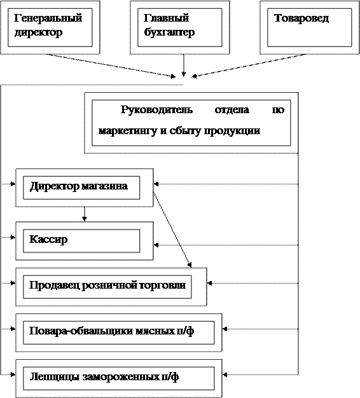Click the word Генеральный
coord(48,18)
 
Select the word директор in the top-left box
coord(38,32)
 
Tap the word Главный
coord(166,18)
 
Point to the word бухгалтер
coord(169,32)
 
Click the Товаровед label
coord(301,18)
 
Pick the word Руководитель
coord(156,109)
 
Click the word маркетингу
coord(128,131)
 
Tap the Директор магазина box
coord(85,188)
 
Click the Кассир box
coord(85,241)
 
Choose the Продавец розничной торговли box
coord(111,287)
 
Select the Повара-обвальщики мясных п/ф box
coord(119,333)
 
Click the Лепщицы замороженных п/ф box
coord(119,378)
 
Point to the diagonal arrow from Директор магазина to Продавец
coord(172,230)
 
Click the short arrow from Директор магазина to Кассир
coord(85,214)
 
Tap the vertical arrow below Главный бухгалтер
coord(184,65)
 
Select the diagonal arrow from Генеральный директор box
coord(111,65)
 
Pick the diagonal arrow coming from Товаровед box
coord(249,65)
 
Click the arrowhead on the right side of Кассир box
coord(156,245)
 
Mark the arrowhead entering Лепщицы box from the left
coord(13,374)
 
